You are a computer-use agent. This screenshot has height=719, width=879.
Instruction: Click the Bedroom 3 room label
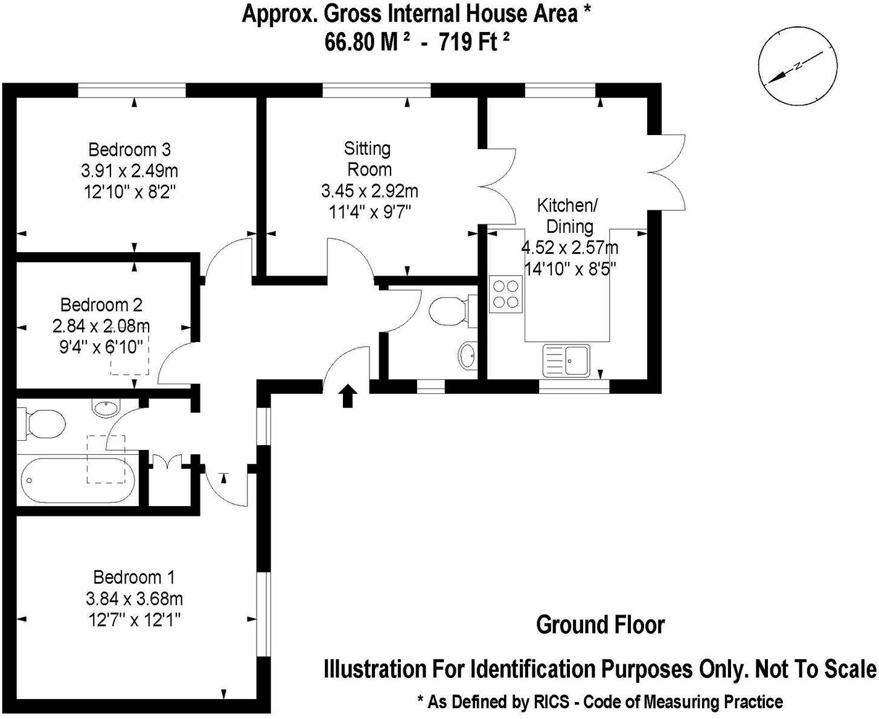tap(129, 149)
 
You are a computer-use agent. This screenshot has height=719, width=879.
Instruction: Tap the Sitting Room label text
tap(368, 159)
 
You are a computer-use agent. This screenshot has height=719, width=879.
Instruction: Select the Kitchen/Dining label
tap(567, 216)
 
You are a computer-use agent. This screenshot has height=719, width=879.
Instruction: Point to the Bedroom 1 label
tap(134, 577)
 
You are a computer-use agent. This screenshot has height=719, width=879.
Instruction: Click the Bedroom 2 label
tap(101, 305)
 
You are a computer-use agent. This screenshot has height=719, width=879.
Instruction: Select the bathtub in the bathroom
tap(76, 480)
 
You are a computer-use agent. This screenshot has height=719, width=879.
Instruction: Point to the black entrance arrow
tap(347, 396)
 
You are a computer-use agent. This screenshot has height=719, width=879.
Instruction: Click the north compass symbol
tap(798, 67)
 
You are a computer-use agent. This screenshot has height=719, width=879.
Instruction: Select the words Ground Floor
tap(600, 625)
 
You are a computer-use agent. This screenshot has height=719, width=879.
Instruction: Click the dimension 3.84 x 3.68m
tap(134, 598)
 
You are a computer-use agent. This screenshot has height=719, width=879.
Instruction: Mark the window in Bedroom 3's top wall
tap(132, 90)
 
